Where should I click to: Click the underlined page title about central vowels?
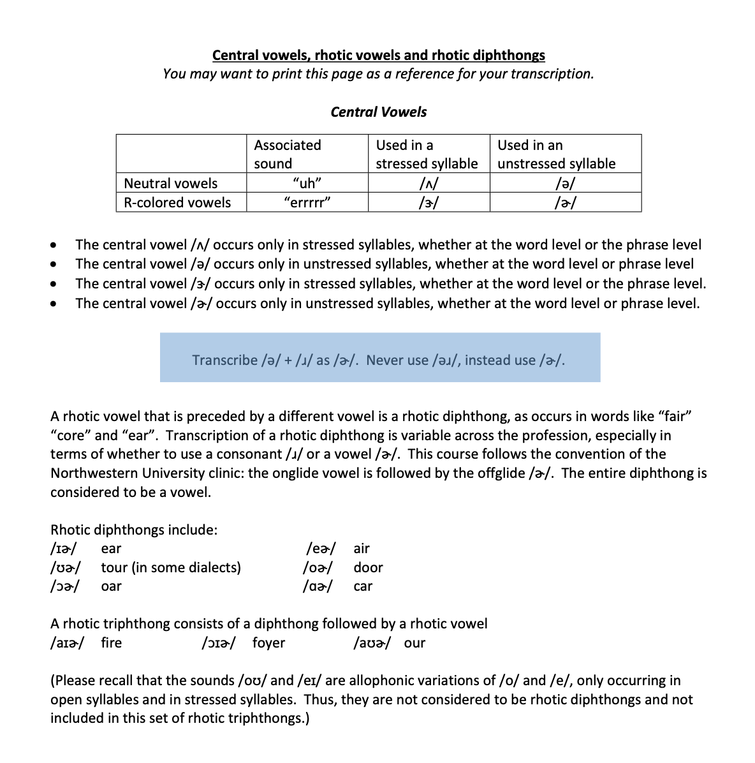pos(378,56)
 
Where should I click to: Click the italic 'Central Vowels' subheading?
pos(378,112)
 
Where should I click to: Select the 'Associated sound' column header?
pos(287,154)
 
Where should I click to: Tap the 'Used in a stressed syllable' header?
pos(426,154)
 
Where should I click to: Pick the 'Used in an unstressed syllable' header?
pos(556,154)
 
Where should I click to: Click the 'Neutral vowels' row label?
pos(170,184)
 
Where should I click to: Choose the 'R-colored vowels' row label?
pos(177,203)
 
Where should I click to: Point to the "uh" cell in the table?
pos(307,184)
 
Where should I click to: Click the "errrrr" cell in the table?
pos(307,203)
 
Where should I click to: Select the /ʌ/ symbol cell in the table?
pos(429,184)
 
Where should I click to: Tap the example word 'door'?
pos(368,568)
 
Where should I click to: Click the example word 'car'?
pos(362,587)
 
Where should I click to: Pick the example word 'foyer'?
pos(268,643)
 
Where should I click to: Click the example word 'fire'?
pos(111,643)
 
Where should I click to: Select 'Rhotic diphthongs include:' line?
pos(134,530)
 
